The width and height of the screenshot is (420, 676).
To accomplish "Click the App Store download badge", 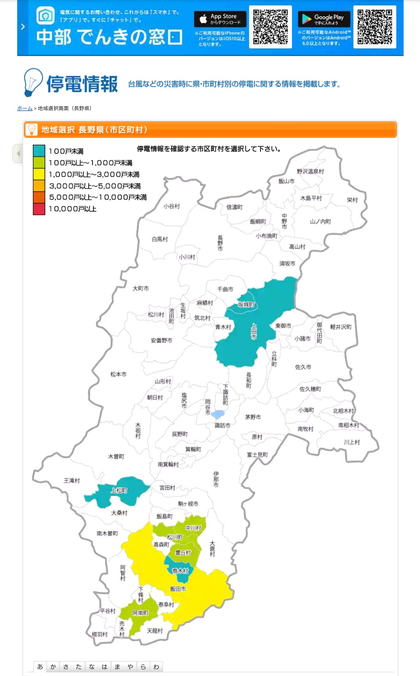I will pos(220,19).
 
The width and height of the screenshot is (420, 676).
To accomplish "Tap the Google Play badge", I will pos(324,19).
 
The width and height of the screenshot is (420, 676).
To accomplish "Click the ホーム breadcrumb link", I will pos(24,108).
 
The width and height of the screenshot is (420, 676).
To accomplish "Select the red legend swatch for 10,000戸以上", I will pos(39,209).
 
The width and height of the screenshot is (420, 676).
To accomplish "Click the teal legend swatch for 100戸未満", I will pos(39,151).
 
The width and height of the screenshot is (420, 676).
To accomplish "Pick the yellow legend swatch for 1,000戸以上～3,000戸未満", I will pos(39,174).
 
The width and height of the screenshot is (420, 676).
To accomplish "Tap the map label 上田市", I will pos(254,331).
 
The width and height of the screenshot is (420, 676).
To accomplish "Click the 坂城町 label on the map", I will pos(246,304).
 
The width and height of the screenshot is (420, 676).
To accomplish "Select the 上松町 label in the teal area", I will pos(119,490).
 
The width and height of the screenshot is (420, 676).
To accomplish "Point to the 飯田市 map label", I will pos(178,589).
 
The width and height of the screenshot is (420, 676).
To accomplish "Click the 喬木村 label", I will pos(180,571).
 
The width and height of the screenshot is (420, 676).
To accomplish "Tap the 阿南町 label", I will pos(140,613).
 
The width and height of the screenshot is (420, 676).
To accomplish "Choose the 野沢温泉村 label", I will pos(310,171).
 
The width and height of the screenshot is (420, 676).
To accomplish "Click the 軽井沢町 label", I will pos(341,327).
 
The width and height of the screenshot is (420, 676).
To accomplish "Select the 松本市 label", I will pos(118,374).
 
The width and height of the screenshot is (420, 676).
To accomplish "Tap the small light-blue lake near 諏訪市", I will pos(218,414).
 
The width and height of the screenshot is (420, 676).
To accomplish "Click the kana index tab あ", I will pos(40,667).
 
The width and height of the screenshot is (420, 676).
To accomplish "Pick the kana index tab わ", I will pos(156,667).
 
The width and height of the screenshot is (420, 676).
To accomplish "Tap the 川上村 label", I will pos(352,442).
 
